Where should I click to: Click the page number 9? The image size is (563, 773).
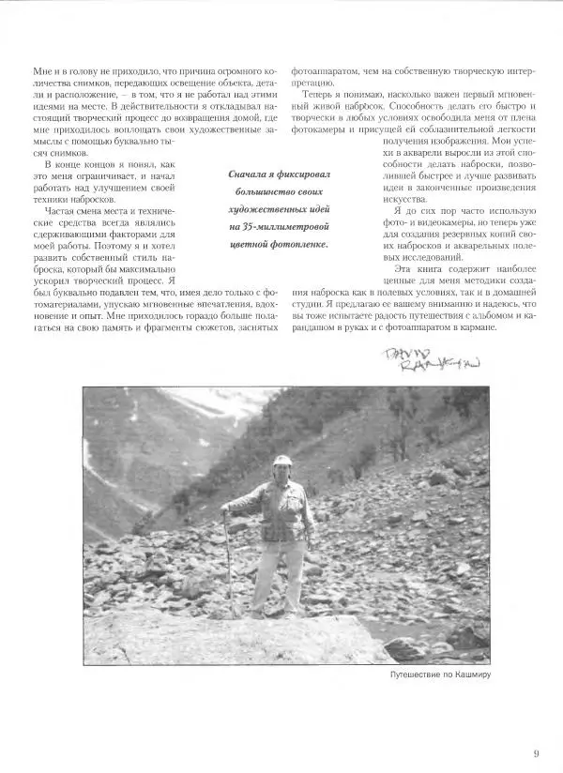(x=536, y=725)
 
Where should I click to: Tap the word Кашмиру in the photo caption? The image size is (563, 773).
(x=471, y=674)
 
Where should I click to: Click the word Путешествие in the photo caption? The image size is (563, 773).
(x=416, y=674)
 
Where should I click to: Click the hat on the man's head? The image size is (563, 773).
(x=282, y=461)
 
